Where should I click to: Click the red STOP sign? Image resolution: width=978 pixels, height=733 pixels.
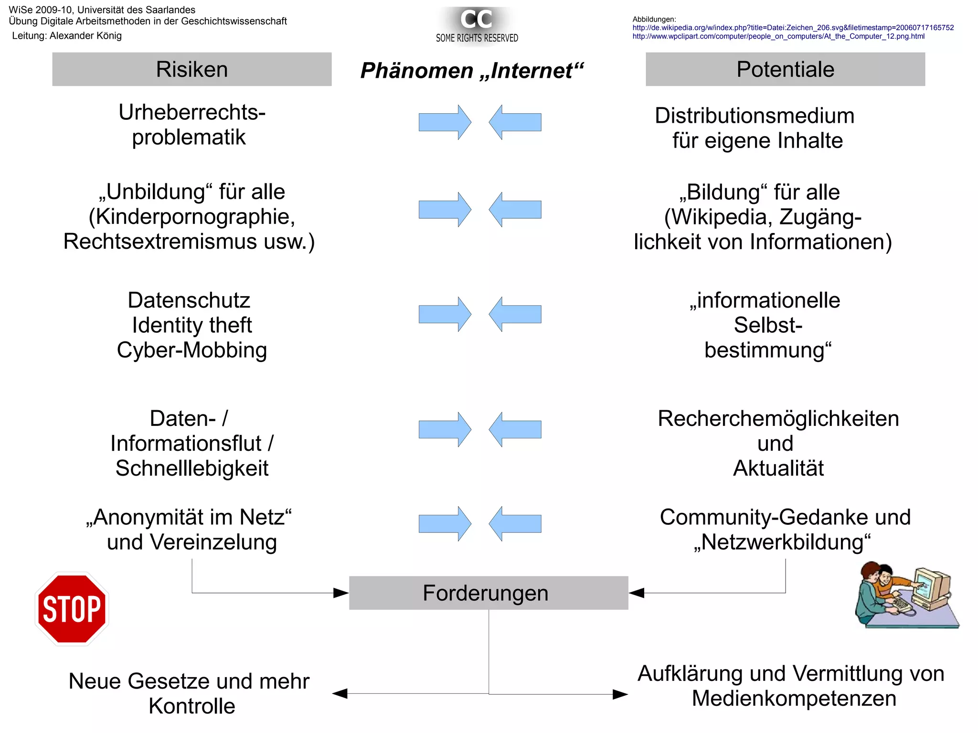72,609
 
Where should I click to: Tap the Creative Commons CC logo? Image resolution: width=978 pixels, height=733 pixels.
476,19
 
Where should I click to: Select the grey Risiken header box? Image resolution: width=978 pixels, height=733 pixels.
191,69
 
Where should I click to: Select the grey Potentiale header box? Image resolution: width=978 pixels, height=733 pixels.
785,69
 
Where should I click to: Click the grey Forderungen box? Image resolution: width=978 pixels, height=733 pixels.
488,593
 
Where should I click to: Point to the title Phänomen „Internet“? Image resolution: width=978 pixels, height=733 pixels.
472,71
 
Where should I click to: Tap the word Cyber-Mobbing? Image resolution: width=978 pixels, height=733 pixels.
192,350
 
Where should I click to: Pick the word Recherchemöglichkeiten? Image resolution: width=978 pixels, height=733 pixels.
778,419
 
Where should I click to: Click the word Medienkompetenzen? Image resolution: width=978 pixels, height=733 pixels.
794,699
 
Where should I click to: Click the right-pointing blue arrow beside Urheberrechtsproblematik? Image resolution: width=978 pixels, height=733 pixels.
445,122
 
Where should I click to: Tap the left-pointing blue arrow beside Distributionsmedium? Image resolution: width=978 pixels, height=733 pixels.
515,122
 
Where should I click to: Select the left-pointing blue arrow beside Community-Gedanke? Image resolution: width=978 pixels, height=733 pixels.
515,524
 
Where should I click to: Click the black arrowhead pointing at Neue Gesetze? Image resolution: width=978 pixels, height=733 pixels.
340,693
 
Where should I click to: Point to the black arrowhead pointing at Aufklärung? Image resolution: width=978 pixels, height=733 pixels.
620,694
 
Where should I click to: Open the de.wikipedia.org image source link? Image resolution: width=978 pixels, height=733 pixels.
793,28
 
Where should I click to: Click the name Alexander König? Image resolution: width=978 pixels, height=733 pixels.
85,36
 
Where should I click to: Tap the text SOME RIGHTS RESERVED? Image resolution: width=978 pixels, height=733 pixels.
477,38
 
